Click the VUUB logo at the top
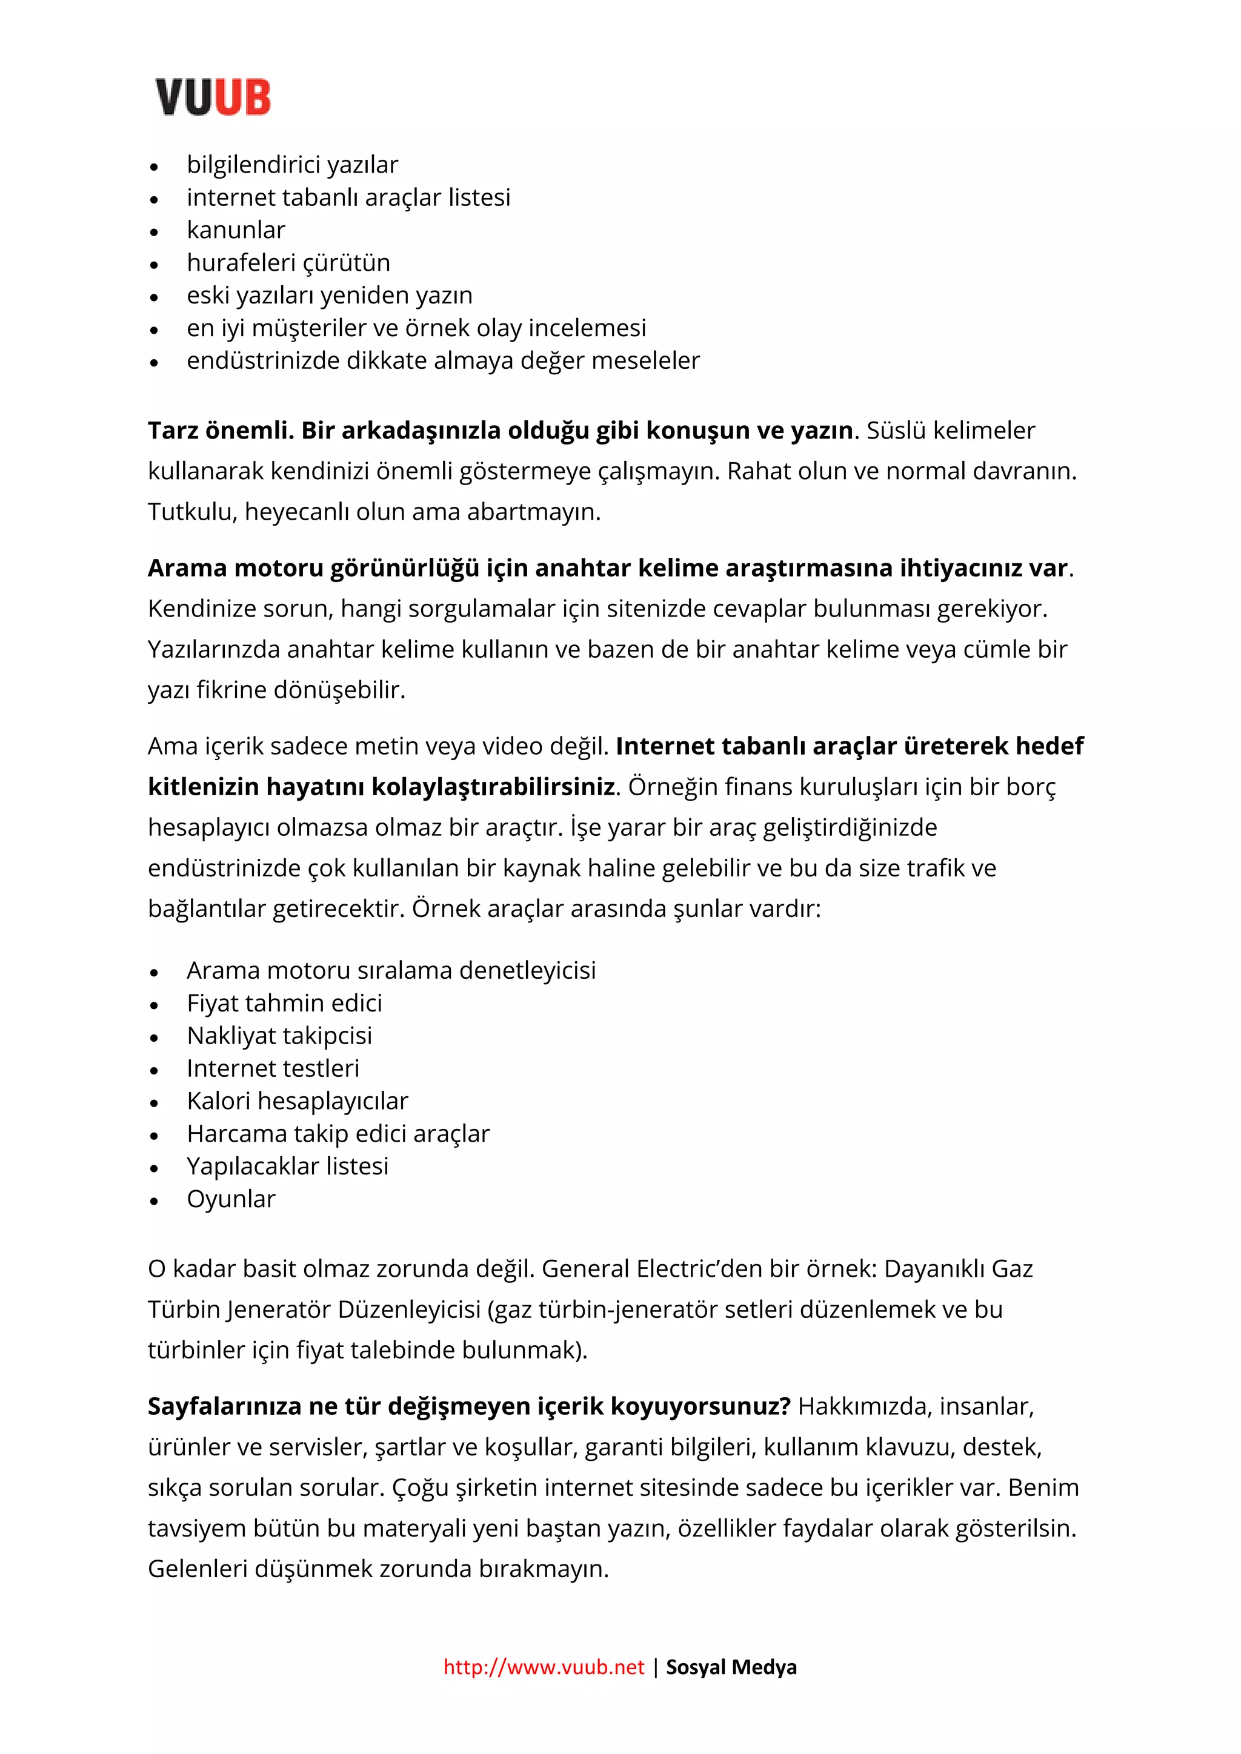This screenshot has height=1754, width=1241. pos(213,97)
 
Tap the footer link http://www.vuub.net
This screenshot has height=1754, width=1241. pos(544,1666)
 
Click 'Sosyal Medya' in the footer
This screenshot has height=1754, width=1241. pos(731,1666)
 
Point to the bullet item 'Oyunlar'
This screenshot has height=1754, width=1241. pos(231,1199)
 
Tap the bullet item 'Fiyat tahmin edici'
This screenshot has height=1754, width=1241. pos(284,1003)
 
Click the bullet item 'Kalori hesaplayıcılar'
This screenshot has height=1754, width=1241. pos(298,1101)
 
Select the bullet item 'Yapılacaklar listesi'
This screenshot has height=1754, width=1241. pos(287,1167)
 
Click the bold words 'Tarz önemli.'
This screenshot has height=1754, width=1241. pos(221,431)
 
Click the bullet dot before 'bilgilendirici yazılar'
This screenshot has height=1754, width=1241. pos(155,166)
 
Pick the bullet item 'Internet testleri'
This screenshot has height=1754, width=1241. pos(272,1069)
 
